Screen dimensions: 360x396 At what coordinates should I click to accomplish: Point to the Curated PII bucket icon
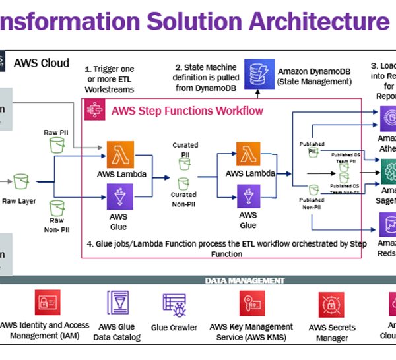click(x=183, y=165)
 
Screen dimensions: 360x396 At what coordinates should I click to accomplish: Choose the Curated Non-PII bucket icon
click(x=183, y=181)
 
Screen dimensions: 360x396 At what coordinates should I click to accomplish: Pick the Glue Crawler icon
click(x=174, y=305)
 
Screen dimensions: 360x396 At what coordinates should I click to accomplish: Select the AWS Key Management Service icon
click(x=251, y=305)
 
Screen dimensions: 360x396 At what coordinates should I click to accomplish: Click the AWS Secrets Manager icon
click(x=328, y=305)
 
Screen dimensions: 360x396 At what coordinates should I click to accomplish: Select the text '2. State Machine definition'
click(x=205, y=67)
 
